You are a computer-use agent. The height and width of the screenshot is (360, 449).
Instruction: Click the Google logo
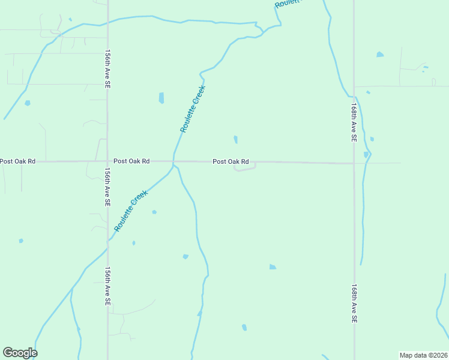pos(20,353)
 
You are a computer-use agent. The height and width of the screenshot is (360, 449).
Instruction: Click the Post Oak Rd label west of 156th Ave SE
pos(17,161)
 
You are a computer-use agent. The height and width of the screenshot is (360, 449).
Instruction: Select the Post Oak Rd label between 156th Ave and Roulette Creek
pos(131,161)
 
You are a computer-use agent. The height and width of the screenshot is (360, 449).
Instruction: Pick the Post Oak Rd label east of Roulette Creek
pos(231,162)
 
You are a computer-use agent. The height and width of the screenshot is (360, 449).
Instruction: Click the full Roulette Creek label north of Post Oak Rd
pos(193,109)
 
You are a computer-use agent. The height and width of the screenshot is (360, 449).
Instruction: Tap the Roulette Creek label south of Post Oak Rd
pos(131,211)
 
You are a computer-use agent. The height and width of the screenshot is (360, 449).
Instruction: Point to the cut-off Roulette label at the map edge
pos(286,4)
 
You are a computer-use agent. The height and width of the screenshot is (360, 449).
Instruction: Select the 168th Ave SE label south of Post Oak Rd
pos(354,304)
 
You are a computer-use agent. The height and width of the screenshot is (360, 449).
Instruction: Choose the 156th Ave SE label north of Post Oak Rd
pos(107,70)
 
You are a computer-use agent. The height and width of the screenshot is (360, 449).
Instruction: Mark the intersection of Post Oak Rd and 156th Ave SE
pos(107,161)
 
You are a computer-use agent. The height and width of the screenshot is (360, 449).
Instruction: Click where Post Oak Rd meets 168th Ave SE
pos(354,163)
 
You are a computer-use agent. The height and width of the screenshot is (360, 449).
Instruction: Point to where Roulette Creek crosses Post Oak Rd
pos(173,161)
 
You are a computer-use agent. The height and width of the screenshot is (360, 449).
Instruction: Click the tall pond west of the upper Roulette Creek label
pos(161,98)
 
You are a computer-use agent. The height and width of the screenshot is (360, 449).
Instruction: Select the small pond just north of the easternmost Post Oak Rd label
pos(235,139)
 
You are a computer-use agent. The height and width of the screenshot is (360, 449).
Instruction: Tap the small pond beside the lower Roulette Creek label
pos(154,212)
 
